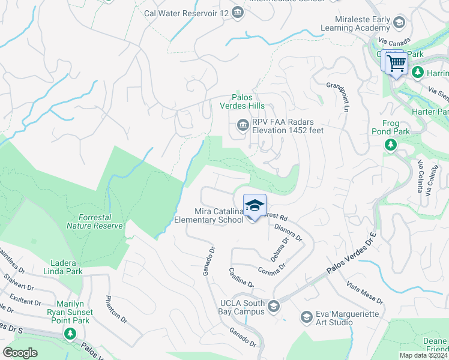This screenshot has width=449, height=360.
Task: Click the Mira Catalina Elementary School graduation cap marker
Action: pyautogui.click(x=255, y=206)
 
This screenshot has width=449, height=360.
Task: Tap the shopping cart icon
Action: pyautogui.click(x=396, y=62)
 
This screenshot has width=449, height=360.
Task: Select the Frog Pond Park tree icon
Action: pyautogui.click(x=391, y=145)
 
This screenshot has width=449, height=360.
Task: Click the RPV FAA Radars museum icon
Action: pyautogui.click(x=243, y=125)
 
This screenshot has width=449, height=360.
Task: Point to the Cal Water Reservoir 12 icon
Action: pyautogui.click(x=238, y=12)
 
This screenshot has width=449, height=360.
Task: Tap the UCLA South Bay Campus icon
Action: pyautogui.click(x=274, y=307)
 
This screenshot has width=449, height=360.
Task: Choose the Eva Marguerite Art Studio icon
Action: pyautogui.click(x=307, y=316)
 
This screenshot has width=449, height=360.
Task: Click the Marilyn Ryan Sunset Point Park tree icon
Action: pyautogui.click(x=71, y=333)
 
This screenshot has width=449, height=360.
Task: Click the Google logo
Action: pyautogui.click(x=20, y=353)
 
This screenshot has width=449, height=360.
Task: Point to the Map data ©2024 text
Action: pyautogui.click(x=423, y=355)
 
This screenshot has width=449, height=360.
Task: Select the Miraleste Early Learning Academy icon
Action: pyautogui.click(x=400, y=23)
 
